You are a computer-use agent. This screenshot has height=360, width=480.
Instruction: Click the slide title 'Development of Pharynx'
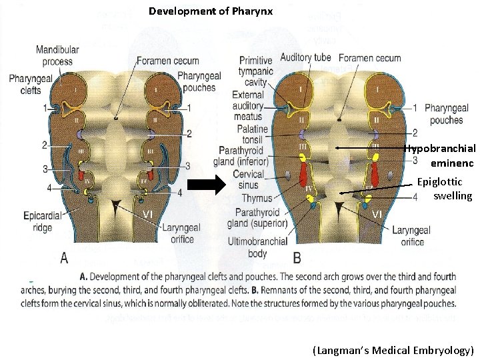click(x=210, y=11)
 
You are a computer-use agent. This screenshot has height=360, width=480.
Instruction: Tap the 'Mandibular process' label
click(x=57, y=55)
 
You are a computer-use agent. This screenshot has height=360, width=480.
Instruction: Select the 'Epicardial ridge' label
click(x=43, y=221)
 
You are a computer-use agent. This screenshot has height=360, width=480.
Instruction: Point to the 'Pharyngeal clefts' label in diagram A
click(x=31, y=85)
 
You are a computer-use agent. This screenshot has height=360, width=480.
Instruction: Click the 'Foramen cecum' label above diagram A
click(x=167, y=61)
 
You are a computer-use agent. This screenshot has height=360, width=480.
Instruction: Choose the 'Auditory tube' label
click(x=305, y=57)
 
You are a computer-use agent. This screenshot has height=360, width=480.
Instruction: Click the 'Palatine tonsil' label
click(x=251, y=134)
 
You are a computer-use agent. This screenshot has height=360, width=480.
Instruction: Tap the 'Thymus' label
click(x=256, y=198)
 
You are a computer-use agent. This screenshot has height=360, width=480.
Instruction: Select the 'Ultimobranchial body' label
click(x=257, y=247)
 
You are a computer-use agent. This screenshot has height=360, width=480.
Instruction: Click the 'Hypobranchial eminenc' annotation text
click(x=441, y=155)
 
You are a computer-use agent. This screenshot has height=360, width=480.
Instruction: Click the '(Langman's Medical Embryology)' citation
click(x=392, y=350)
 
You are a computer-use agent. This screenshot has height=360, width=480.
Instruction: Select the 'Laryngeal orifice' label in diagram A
click(x=178, y=233)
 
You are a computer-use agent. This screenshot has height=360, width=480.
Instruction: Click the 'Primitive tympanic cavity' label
click(x=255, y=71)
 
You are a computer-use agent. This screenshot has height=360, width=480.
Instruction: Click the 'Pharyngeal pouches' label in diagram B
click(x=446, y=114)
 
